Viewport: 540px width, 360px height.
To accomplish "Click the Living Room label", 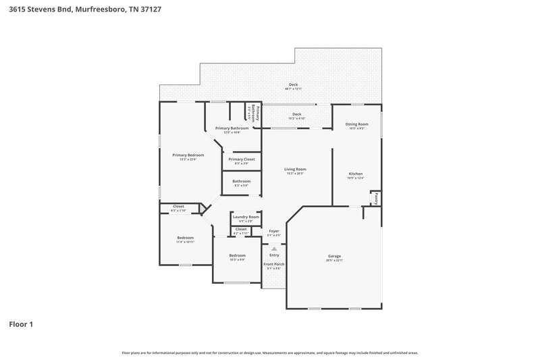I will coord(295,169).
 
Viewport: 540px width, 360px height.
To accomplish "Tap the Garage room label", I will coord(334,256).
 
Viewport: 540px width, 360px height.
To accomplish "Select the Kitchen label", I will coord(356,174).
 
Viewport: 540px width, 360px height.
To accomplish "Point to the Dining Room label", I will coord(356,124).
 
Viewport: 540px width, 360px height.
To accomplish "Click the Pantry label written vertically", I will coord(375,199).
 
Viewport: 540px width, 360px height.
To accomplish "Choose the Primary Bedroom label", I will coord(183,155).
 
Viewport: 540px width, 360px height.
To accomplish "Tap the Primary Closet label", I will coord(241,159).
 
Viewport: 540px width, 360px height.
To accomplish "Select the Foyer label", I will coord(274,231).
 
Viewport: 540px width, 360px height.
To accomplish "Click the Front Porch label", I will coord(274,265).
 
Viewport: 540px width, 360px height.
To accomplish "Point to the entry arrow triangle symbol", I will coord(274,249).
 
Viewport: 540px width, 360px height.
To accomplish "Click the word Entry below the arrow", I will coord(274,255).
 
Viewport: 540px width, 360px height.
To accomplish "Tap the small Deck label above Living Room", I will coord(296,114).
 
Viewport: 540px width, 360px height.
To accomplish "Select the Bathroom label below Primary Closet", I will coord(241,181).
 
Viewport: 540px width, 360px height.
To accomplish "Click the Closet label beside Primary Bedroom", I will coord(178,207).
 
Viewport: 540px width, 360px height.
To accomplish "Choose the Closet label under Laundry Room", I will coord(241,230).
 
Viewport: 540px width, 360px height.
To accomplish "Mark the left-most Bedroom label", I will coord(185,238).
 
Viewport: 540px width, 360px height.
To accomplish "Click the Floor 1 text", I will coord(21,325).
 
